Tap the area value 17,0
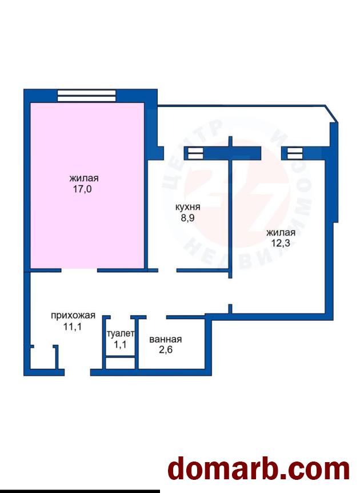pyautogui.click(x=83, y=190)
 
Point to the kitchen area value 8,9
pyautogui.click(x=187, y=218)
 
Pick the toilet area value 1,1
pyautogui.click(x=120, y=344)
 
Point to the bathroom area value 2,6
pyautogui.click(x=166, y=350)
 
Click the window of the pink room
pyautogui.click(x=86, y=96)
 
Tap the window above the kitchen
pyautogui.click(x=194, y=153)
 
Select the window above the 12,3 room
pyautogui.click(x=294, y=153)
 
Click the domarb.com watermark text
pyautogui.click(x=259, y=470)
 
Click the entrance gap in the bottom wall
pyautogui.click(x=77, y=372)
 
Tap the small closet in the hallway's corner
pyautogui.click(x=43, y=358)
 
